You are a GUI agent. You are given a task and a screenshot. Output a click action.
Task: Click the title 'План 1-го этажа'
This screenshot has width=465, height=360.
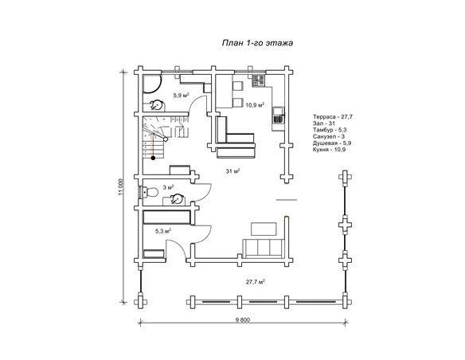tap(257, 43)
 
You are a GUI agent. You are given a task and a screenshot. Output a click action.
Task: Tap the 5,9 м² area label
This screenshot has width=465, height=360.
tap(182, 96)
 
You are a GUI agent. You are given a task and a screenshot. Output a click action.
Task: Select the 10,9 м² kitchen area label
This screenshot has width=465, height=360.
tap(255, 104)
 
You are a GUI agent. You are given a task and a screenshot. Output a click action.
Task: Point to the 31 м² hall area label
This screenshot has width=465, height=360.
tap(232, 171)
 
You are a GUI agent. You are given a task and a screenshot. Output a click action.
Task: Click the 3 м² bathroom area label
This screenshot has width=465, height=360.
tap(168, 187)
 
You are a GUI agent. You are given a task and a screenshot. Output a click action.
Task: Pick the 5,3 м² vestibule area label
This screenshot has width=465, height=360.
tap(163, 231)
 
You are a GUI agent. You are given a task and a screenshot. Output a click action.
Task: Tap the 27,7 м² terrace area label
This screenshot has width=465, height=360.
tap(255, 282)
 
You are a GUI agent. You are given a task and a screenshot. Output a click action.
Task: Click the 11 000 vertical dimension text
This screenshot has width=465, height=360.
tap(120, 187)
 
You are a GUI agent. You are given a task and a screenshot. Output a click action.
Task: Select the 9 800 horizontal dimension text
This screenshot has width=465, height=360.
tap(243, 319)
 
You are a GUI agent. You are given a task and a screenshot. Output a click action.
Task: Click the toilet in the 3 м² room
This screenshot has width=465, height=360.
tap(150, 192)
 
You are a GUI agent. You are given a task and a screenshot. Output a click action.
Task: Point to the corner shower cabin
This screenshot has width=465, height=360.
tap(152, 84)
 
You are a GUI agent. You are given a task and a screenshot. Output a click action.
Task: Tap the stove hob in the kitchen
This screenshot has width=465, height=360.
tap(258, 80)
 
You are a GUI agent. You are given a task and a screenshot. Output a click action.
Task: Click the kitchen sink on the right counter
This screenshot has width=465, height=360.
tap(279, 115)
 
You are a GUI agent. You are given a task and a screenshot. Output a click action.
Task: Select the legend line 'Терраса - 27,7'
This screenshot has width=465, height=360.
tap(333, 117)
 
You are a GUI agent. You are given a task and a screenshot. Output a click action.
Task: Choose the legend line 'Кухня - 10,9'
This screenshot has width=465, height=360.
tap(329, 150)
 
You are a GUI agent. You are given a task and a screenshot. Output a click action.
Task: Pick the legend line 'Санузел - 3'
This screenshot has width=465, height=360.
tap(329, 136)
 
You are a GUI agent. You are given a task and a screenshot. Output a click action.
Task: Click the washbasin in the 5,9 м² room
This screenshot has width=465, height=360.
tap(156, 105)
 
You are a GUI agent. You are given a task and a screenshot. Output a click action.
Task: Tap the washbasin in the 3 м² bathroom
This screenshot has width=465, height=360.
tap(177, 199)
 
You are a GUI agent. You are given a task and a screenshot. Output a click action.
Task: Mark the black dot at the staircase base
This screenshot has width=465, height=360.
tap(153, 158)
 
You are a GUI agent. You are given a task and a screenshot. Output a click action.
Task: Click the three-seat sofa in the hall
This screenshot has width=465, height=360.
tap(264, 247)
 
